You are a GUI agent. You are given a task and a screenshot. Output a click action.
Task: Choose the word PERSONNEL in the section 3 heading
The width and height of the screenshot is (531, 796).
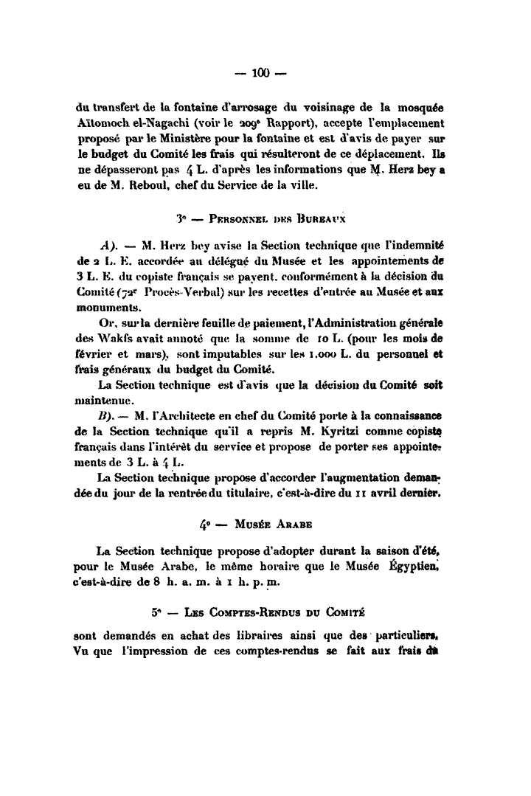235,219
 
